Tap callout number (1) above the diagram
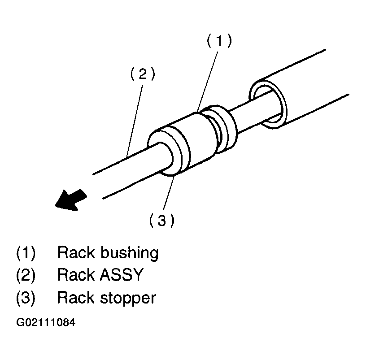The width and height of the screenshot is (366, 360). [x=219, y=41]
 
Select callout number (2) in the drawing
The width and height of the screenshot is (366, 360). [x=143, y=74]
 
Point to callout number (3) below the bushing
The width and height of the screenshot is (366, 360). [x=161, y=220]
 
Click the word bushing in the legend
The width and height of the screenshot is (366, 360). [x=130, y=253]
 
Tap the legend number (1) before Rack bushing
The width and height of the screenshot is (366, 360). [x=26, y=253]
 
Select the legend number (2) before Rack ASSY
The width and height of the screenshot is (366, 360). [x=26, y=275]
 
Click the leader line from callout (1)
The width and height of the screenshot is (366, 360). [x=208, y=78]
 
